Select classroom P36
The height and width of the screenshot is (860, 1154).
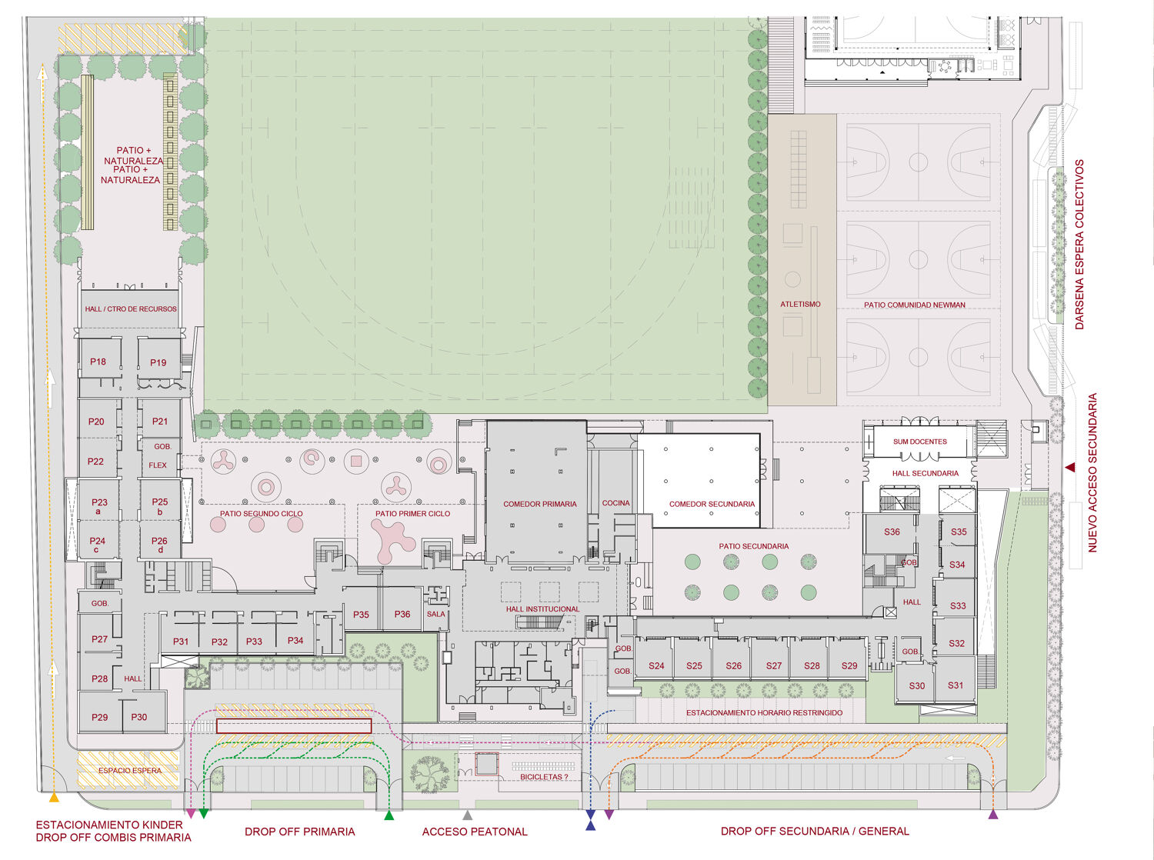point(402,614)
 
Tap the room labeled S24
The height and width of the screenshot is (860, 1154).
point(656,665)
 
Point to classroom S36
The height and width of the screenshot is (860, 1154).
point(892,532)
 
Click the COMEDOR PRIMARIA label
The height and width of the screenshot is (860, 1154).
point(540,504)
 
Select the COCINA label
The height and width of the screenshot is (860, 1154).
point(615,503)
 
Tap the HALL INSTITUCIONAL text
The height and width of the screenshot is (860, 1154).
point(542,608)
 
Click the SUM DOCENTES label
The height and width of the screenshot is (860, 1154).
point(920,442)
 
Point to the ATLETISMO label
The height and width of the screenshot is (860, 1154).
point(800,305)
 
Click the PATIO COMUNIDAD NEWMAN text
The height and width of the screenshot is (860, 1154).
point(914,305)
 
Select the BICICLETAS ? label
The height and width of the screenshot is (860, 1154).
point(544,777)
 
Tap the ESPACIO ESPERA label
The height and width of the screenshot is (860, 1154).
point(130,771)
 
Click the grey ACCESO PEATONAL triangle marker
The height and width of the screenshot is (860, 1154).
point(468,815)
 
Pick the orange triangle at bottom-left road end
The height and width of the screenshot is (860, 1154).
point(54,798)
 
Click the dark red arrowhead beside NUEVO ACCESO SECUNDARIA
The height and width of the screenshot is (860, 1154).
point(1070,467)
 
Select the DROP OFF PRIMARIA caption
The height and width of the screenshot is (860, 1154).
point(300,832)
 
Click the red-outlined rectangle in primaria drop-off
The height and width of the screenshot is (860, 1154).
point(294,726)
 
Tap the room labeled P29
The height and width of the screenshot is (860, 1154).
point(99,717)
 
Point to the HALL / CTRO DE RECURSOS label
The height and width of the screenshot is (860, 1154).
point(131,309)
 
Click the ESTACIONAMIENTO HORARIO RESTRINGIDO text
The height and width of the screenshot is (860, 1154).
point(764,713)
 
